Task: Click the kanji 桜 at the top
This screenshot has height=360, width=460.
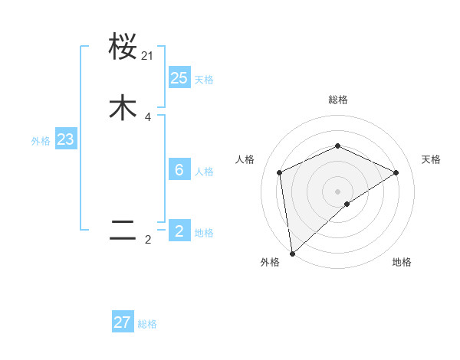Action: [123, 47]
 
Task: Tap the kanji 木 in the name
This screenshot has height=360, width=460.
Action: [123, 108]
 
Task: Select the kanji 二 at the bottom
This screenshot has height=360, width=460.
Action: [123, 231]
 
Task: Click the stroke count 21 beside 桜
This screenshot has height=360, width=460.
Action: [147, 56]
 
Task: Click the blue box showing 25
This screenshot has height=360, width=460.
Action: [179, 78]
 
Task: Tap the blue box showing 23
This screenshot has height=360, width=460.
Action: [65, 140]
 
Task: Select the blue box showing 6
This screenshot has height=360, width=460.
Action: [179, 170]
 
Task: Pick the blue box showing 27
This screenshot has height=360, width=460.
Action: [123, 322]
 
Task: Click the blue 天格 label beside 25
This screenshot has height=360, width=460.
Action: [204, 80]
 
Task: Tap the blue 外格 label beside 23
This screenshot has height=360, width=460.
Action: [41, 141]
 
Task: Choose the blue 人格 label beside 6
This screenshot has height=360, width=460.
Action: [204, 172]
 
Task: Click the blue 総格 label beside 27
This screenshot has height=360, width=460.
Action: [147, 324]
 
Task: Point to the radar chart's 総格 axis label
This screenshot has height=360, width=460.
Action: [337, 100]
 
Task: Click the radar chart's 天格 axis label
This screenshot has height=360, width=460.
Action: [431, 159]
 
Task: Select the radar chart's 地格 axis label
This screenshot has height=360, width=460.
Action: [402, 262]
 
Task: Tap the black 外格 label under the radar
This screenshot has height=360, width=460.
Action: [270, 262]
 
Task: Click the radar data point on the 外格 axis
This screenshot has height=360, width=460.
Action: [291, 253]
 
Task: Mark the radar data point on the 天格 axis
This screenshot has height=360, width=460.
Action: [396, 172]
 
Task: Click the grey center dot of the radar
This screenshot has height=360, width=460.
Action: [337, 191]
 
